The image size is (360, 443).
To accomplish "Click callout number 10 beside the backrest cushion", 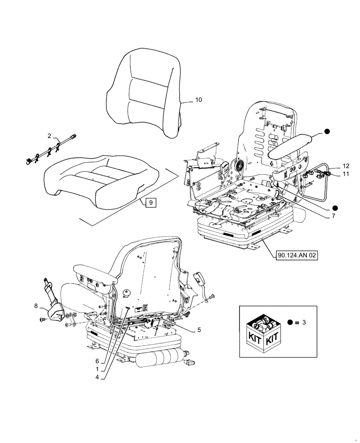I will click(x=198, y=100).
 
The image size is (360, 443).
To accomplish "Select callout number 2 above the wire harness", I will click(x=50, y=136).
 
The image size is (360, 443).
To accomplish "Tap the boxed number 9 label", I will click(x=150, y=202).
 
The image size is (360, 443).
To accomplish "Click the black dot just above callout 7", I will click(x=336, y=207).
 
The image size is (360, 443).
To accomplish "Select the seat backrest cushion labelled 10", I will click(x=144, y=93).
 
